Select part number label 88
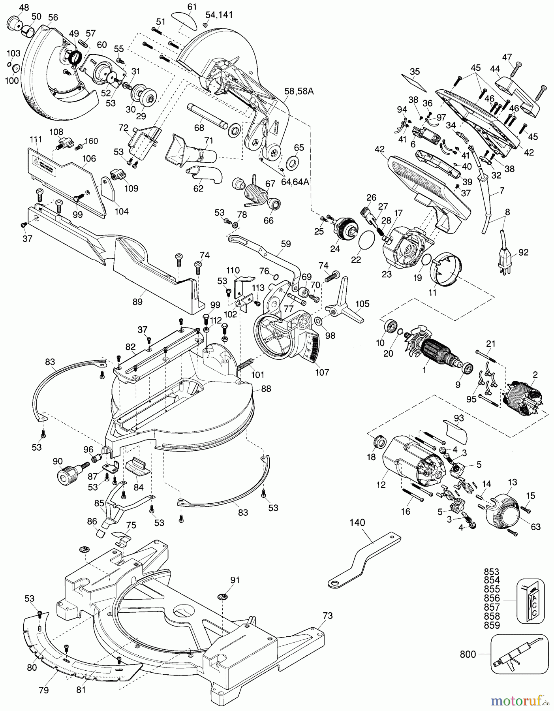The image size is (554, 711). tap(266, 389)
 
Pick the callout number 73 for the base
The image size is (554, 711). tap(327, 615)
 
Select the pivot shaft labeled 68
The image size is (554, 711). tap(207, 116)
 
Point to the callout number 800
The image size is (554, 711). tap(468, 654)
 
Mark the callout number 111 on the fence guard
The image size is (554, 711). tap(36, 139)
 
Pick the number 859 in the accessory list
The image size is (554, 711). tap(492, 625)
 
